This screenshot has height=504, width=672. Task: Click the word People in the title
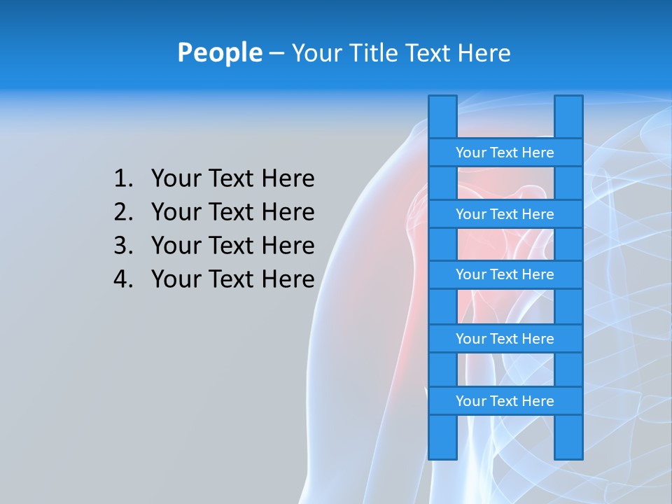click(x=219, y=52)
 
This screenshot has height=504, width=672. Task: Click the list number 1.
click(x=122, y=178)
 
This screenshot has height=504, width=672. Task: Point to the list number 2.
click(x=122, y=212)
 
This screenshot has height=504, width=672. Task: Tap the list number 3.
click(x=122, y=246)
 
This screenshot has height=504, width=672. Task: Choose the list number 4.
click(x=122, y=279)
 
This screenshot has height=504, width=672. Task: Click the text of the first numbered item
click(x=232, y=178)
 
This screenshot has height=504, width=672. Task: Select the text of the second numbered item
click(x=232, y=212)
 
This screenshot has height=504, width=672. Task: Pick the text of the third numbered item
click(x=232, y=246)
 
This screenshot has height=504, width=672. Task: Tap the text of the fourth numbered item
click(x=232, y=279)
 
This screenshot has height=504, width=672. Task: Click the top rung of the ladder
click(x=505, y=153)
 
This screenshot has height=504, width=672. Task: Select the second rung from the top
click(x=505, y=214)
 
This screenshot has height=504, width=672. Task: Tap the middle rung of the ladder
click(x=505, y=274)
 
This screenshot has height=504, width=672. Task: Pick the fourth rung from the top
click(x=505, y=339)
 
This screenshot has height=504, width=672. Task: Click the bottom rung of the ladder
click(x=505, y=401)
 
